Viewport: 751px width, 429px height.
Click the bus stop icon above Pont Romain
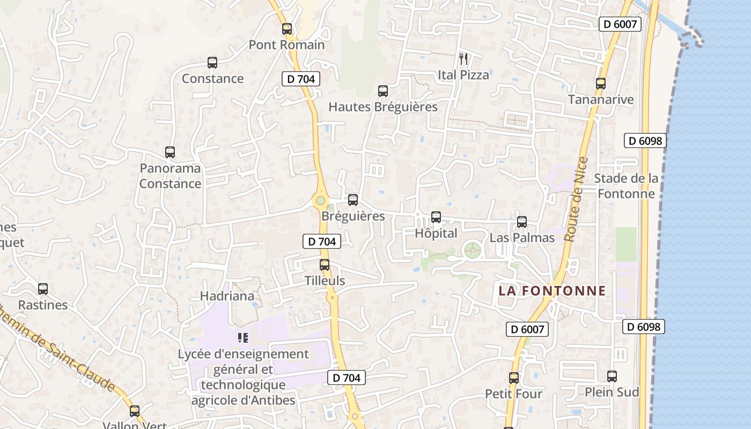click(x=287, y=29)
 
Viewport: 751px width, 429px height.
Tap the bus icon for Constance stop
click(x=212, y=63)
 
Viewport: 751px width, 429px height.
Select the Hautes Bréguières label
click(x=382, y=107)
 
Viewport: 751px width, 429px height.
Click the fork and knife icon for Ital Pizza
click(x=463, y=58)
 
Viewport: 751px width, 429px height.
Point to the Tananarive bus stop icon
click(x=601, y=84)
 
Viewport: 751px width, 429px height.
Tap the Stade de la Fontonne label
click(x=626, y=186)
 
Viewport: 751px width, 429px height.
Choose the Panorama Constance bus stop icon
click(x=170, y=152)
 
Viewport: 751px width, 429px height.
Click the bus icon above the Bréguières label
click(x=353, y=200)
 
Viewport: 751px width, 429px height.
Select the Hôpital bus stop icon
click(x=436, y=217)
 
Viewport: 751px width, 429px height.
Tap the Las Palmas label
click(x=522, y=238)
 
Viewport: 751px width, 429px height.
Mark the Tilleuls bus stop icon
click(x=325, y=265)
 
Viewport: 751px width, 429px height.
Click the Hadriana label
click(x=227, y=296)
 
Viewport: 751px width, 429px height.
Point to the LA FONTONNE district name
click(x=552, y=291)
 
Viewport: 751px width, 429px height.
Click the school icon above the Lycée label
click(x=242, y=338)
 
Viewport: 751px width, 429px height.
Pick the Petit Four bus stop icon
click(x=514, y=378)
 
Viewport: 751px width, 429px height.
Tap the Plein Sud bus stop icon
click(x=612, y=376)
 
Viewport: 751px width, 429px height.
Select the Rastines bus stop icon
click(x=43, y=289)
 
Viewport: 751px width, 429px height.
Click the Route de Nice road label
click(x=576, y=199)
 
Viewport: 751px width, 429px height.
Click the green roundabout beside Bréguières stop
click(x=320, y=201)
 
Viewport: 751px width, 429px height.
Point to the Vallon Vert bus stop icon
click(x=135, y=411)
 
